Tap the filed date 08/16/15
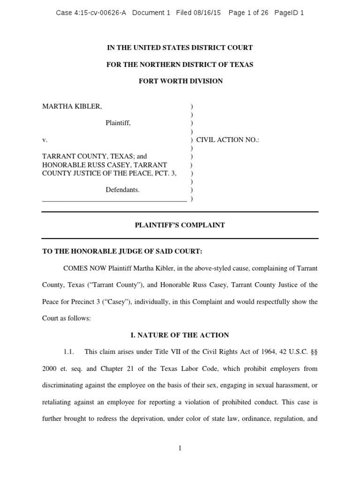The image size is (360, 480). tap(208, 13)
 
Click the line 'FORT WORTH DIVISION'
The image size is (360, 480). tap(180, 81)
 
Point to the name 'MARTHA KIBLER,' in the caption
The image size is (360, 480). tap(72, 106)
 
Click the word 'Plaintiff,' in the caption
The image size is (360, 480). tap(118, 123)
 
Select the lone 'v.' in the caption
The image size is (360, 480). tap(45, 140)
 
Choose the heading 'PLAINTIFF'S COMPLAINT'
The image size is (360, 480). tap(180, 225)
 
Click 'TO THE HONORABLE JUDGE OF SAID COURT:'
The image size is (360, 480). tap(122, 252)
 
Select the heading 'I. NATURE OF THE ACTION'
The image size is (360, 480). tap(180, 335)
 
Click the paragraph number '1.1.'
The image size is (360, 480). tap(69, 352)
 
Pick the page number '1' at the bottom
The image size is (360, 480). tap(180, 449)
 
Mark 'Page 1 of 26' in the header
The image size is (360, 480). tap(248, 13)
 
